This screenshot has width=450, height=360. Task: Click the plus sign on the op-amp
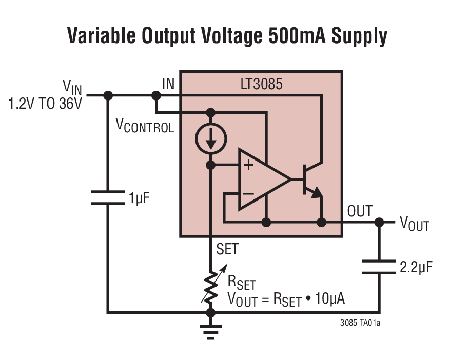249,165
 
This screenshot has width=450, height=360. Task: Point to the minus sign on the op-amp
248,194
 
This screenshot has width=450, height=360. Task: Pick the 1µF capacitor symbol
108,197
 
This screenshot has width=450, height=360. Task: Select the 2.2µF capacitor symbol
379,267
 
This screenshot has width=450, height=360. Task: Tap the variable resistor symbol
210,287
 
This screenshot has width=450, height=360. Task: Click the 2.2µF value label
416,267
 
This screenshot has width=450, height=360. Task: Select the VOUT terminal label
414,223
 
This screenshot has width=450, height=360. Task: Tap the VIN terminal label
71,86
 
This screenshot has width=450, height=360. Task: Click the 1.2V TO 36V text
45,104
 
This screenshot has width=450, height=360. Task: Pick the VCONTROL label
145,126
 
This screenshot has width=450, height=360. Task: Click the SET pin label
227,249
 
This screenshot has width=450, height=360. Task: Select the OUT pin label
360,211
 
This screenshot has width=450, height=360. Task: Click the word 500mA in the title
297,36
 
